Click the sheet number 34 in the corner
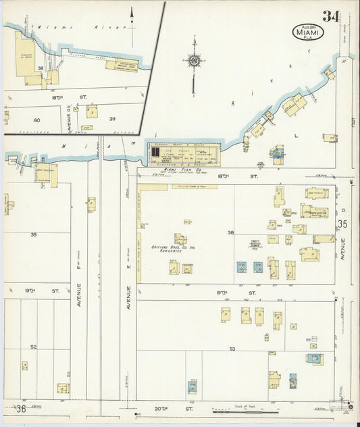click(331, 16)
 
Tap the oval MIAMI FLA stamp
click(308, 32)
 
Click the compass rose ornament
click(195, 61)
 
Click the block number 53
click(232, 348)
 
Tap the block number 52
click(33, 347)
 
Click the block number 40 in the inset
click(36, 120)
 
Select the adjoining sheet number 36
click(21, 409)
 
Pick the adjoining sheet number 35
click(342, 223)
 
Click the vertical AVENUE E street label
click(128, 301)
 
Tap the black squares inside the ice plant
click(155, 155)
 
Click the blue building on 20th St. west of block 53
click(192, 386)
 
